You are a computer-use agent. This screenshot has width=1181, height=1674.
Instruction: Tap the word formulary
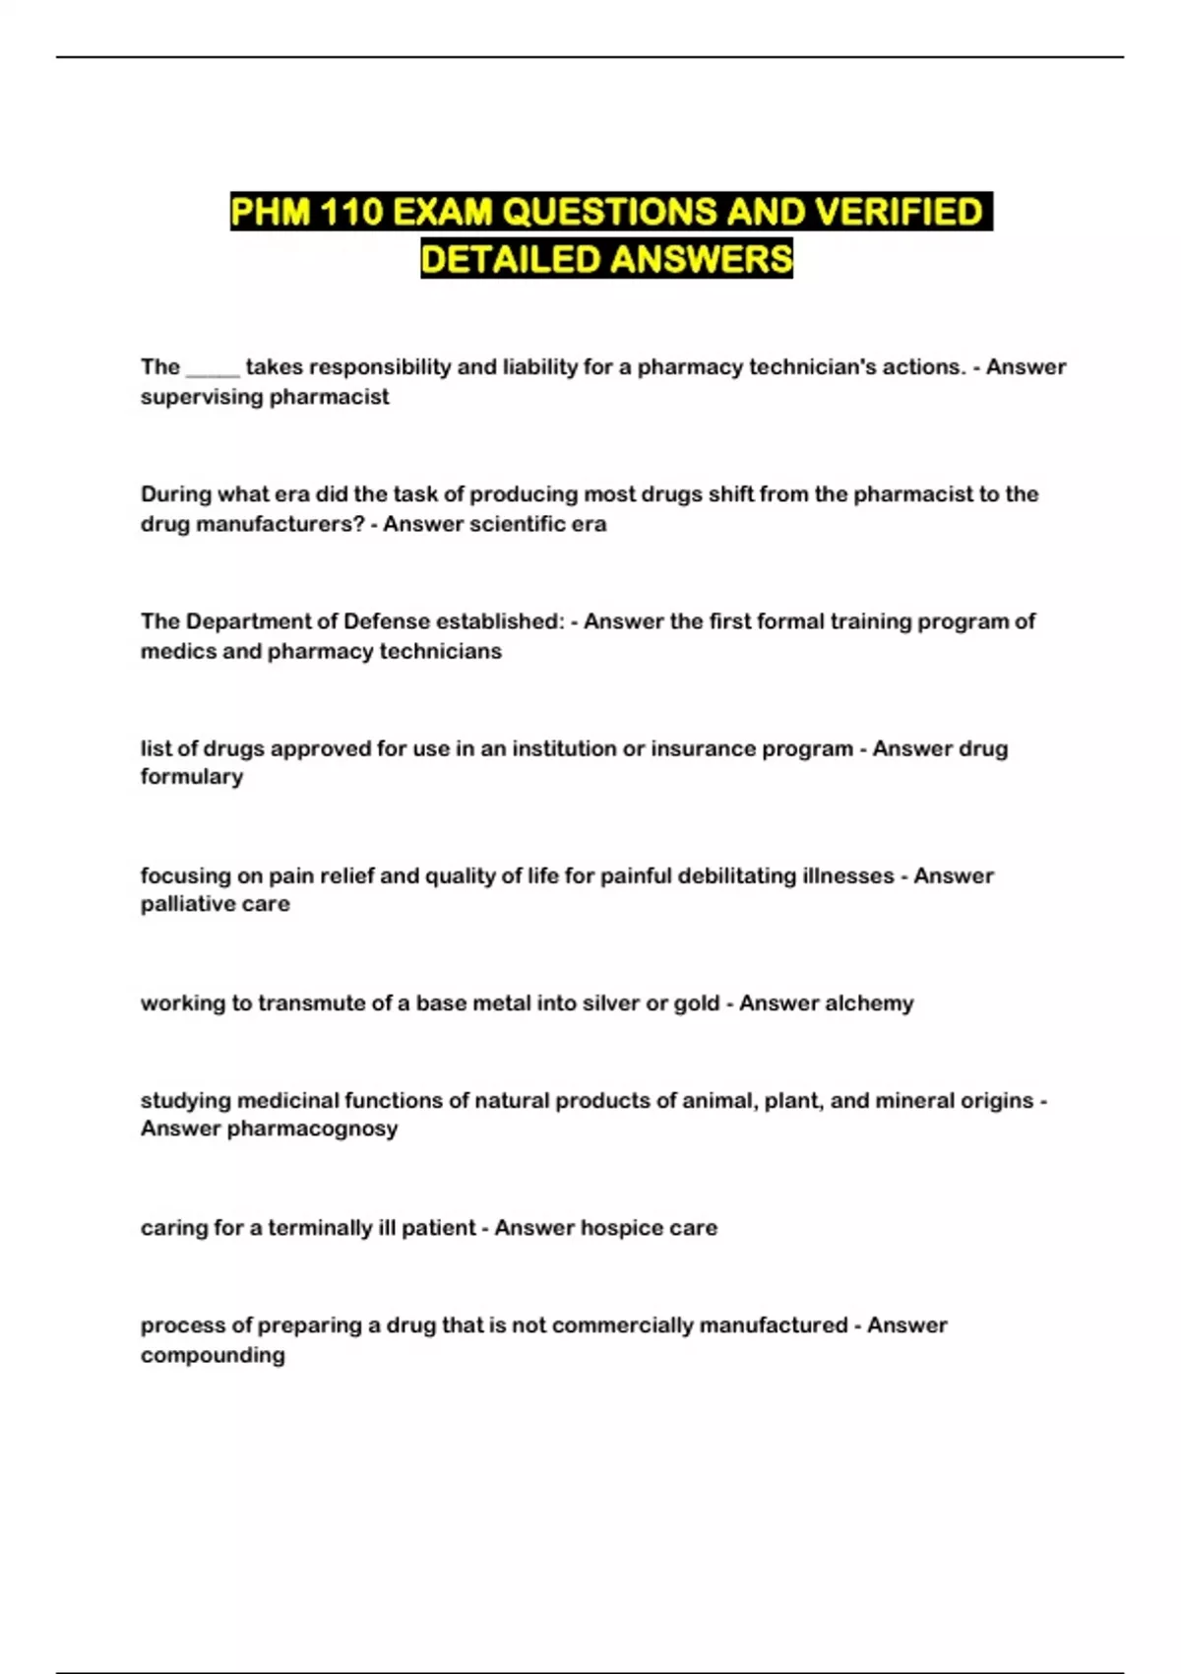coord(191,777)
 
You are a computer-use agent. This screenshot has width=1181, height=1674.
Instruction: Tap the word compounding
coord(213,1355)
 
